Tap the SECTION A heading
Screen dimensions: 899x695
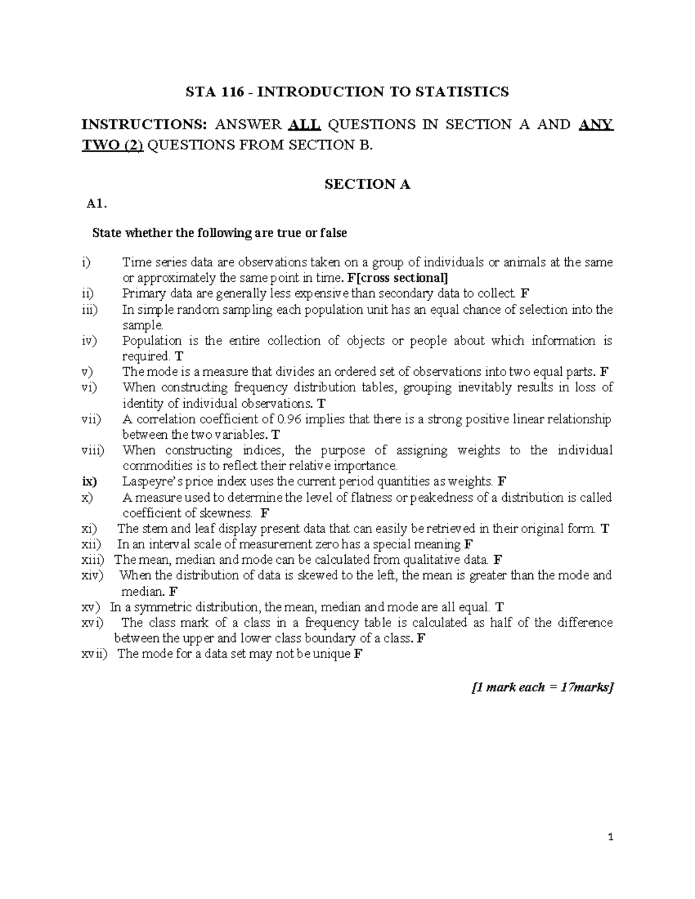[367, 184]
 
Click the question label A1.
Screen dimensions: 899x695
[96, 203]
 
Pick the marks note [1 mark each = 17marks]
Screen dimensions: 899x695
[542, 687]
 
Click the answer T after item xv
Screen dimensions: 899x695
[500, 607]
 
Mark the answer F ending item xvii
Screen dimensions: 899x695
[357, 654]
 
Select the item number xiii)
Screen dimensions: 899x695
[92, 560]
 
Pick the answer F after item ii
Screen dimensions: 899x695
[525, 293]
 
